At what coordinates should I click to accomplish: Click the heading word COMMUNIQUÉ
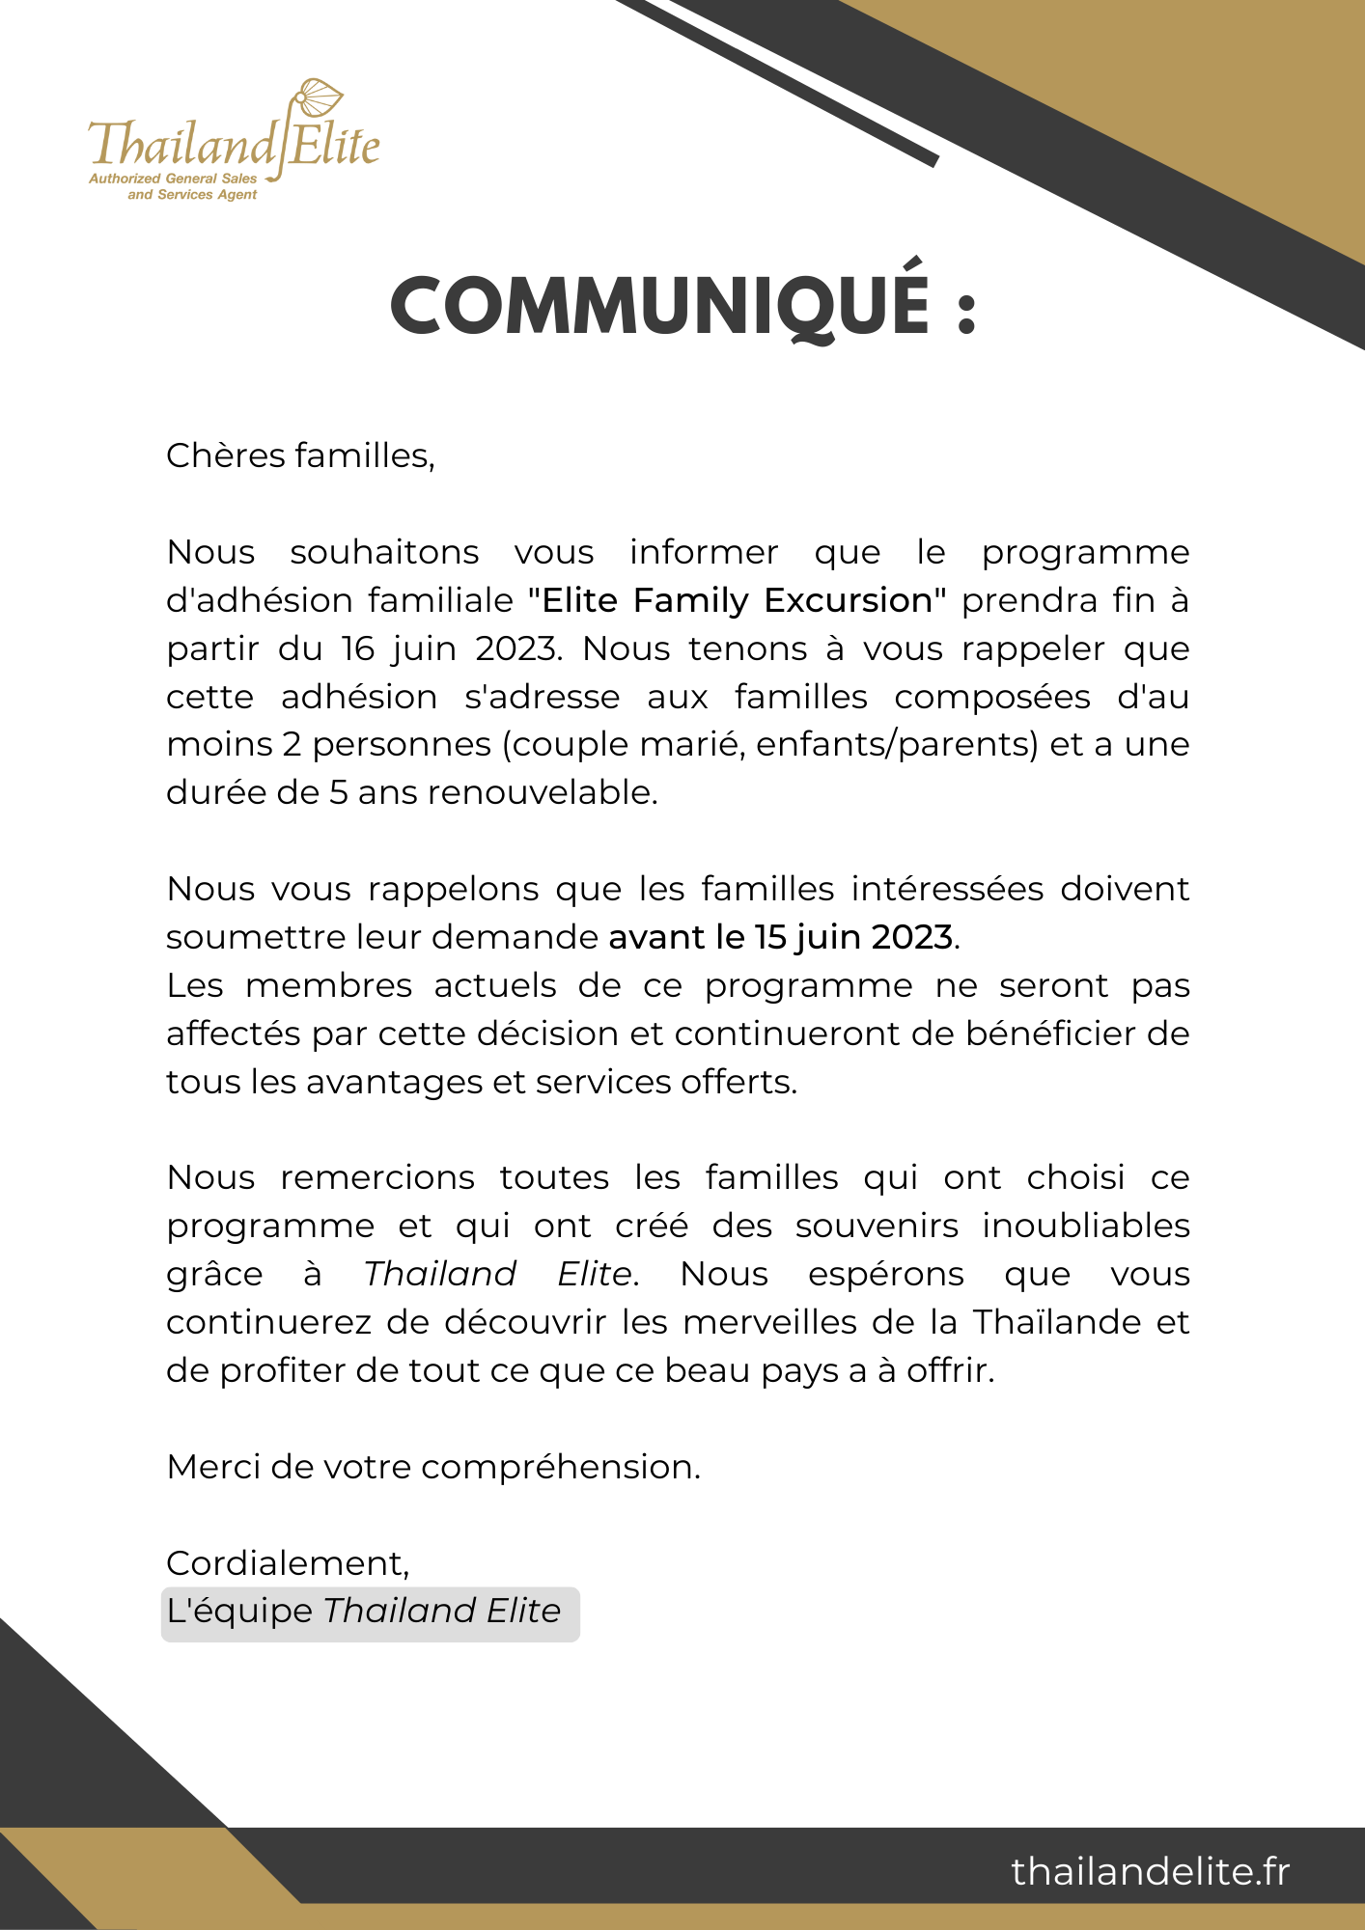[x=660, y=308]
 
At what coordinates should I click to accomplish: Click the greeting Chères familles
[x=300, y=455]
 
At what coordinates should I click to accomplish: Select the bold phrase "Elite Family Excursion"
[x=738, y=600]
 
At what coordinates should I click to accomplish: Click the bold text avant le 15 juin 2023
[x=781, y=937]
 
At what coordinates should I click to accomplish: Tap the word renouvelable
[x=542, y=792]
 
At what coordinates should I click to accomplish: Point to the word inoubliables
[x=1086, y=1226]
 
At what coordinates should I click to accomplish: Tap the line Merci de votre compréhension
[x=433, y=1467]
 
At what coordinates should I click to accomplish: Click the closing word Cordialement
[x=288, y=1563]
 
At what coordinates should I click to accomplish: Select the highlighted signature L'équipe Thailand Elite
[x=370, y=1612]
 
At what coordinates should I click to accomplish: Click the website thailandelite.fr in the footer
[x=1150, y=1871]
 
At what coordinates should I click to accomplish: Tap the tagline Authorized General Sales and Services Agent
[x=174, y=186]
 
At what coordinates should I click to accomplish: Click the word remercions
[x=377, y=1178]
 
